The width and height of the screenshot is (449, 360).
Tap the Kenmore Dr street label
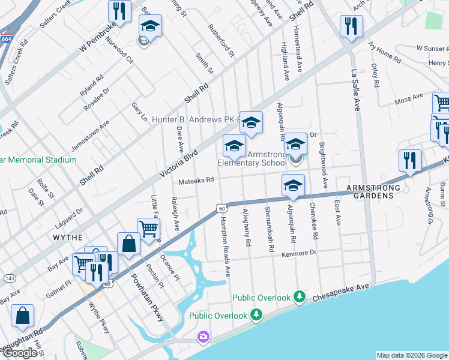(x=298, y=254)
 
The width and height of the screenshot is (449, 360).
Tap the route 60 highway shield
(x=222, y=208)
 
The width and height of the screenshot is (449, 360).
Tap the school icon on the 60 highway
(x=293, y=185)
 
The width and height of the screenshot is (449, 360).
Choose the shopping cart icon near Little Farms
(x=148, y=229)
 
